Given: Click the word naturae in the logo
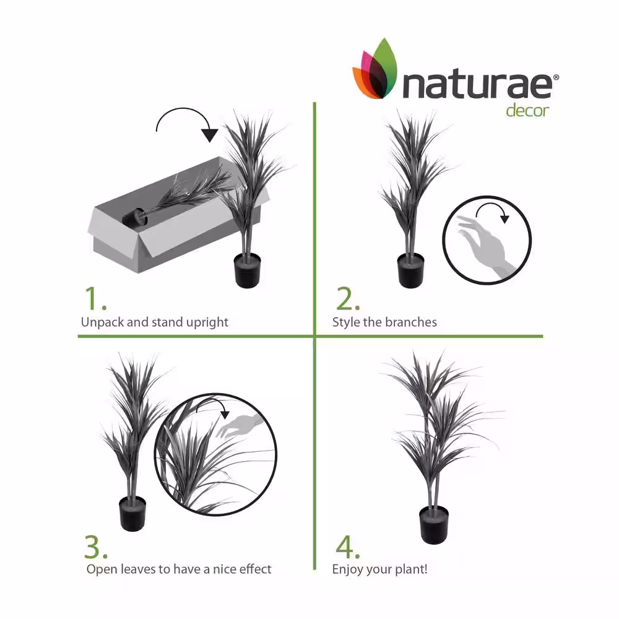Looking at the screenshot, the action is tap(477, 85).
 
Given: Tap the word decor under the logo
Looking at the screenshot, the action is tap(527, 110).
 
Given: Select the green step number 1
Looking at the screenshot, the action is tap(95, 299).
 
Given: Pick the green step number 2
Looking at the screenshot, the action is tap(347, 299).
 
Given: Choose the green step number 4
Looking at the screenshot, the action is tap(347, 547).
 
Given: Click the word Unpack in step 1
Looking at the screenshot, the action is tap(102, 322).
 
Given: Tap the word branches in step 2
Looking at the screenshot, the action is tap(411, 322).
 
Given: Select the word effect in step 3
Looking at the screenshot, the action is tap(256, 569).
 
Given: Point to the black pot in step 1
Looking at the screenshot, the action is tap(248, 271).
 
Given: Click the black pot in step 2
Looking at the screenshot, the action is tap(410, 271).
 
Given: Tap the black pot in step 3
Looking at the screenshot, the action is tap(132, 514).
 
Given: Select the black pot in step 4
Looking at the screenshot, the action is tap(434, 525).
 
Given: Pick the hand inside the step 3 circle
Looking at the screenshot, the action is tap(240, 426).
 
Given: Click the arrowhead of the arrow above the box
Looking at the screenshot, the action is tap(210, 135).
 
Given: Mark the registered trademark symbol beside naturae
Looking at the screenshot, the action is tap(556, 77).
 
